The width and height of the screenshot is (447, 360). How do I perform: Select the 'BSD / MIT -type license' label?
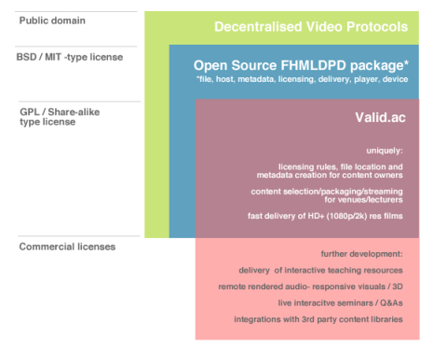point(71,57)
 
